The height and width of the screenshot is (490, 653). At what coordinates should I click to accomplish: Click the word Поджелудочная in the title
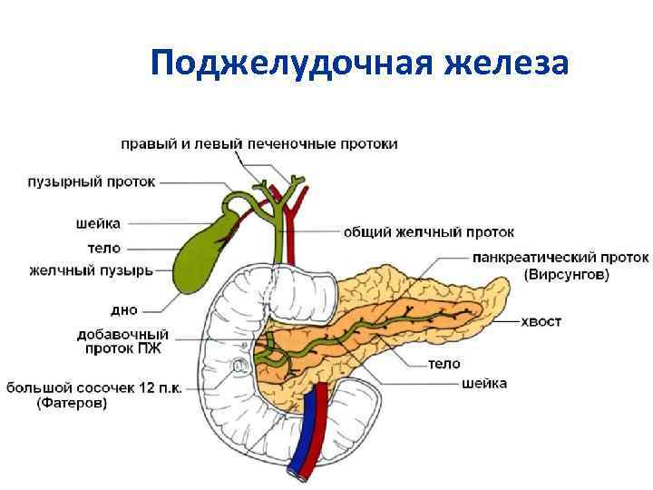(291, 64)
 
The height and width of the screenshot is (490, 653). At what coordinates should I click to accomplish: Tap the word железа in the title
(506, 64)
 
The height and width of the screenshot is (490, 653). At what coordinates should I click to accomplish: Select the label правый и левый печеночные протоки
(260, 144)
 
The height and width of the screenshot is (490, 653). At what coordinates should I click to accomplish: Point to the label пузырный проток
(91, 181)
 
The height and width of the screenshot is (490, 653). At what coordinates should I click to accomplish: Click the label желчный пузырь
(91, 269)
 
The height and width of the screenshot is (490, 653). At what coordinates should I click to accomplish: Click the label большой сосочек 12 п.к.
(95, 388)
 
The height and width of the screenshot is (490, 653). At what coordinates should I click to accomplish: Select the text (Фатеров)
(72, 405)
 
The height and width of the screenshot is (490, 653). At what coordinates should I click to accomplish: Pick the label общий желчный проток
(428, 232)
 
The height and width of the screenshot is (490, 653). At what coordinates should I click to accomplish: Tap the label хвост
(542, 320)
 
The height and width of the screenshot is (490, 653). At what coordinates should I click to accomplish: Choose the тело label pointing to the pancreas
(444, 364)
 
